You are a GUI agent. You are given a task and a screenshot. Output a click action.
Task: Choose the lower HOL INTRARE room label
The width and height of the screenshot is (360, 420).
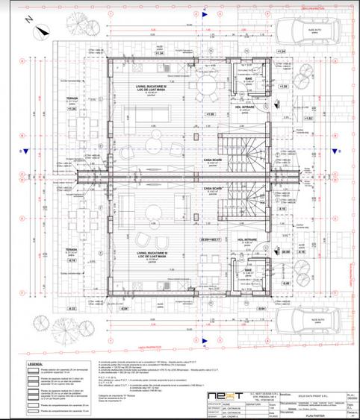pyautogui.click(x=248, y=239)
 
